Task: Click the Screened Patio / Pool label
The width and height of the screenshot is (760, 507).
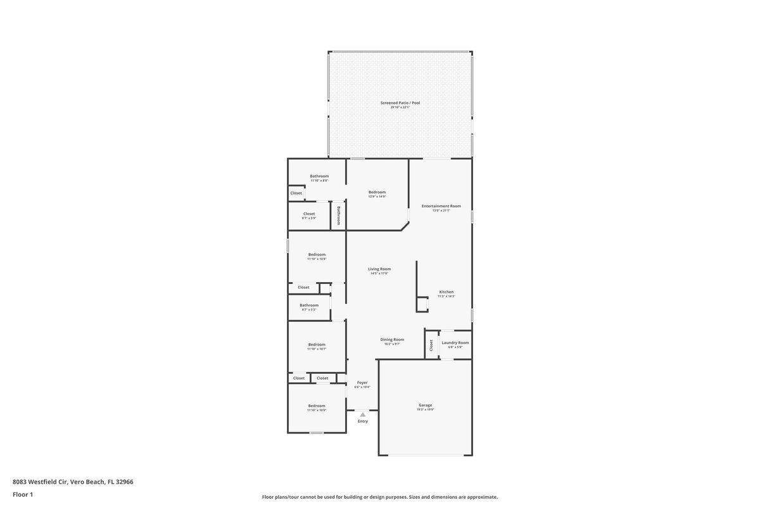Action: coord(400,103)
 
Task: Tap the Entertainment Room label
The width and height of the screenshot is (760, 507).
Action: coord(441,206)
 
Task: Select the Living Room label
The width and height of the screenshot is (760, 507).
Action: coord(379,269)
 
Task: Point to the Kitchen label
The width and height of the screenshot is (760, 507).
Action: coord(446,292)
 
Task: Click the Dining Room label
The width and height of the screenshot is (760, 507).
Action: coord(392,339)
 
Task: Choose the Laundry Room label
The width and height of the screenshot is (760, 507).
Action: coord(455,343)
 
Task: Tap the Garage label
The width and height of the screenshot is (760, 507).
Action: coord(425,405)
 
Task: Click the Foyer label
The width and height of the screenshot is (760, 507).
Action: coord(362,382)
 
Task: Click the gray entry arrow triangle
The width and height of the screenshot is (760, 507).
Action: coord(362,414)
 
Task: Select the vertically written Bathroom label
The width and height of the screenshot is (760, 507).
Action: coord(339,215)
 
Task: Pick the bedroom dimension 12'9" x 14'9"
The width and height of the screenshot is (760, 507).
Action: coord(377,196)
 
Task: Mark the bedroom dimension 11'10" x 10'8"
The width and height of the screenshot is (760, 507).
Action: coord(317,259)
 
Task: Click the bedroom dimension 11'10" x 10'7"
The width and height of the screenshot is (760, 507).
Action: coord(317,349)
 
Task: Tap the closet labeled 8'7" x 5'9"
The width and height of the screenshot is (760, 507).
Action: coord(309,218)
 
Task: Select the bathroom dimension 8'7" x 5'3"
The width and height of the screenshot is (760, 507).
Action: coord(309,309)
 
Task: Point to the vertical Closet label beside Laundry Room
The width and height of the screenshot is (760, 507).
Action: coord(431,345)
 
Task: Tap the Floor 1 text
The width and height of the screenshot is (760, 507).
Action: coord(23,494)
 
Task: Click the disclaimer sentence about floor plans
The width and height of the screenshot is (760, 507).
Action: coord(380,497)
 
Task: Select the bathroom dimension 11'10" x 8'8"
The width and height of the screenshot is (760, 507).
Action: coord(319,181)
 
